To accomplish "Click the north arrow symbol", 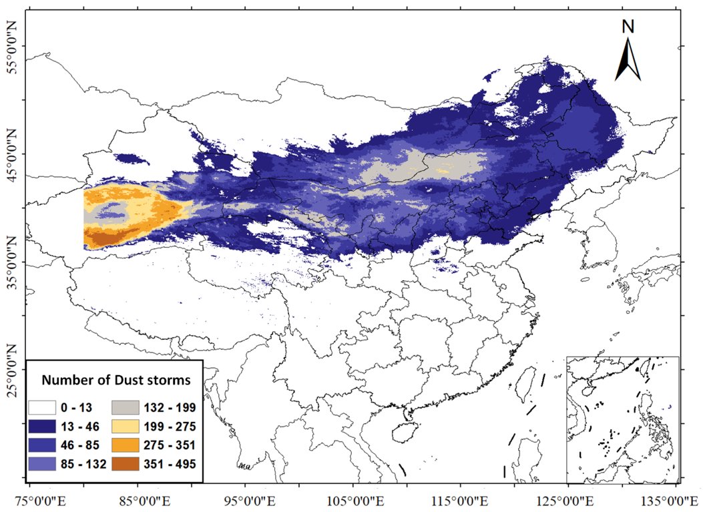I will (x=628, y=58).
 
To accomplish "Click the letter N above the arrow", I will (x=628, y=26).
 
